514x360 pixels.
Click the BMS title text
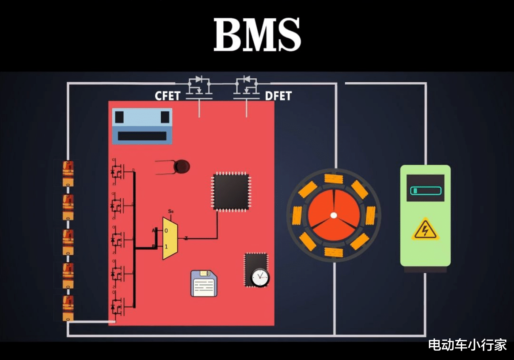click(x=257, y=35)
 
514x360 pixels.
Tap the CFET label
click(x=168, y=96)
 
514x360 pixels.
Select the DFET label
click(x=278, y=96)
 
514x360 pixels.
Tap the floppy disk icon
click(x=204, y=283)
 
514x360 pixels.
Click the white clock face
click(x=260, y=277)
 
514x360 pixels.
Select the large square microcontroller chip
click(x=231, y=191)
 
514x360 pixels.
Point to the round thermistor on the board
click(x=182, y=166)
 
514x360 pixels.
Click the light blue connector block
click(x=142, y=126)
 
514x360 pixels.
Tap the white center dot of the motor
click(x=334, y=215)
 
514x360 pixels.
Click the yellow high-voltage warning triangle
click(x=425, y=230)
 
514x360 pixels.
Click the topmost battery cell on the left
click(x=68, y=173)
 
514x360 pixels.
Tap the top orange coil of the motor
click(x=334, y=179)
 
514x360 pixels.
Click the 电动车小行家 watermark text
click(x=467, y=345)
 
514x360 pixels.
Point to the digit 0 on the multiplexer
click(x=166, y=231)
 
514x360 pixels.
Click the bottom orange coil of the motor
click(x=334, y=252)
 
